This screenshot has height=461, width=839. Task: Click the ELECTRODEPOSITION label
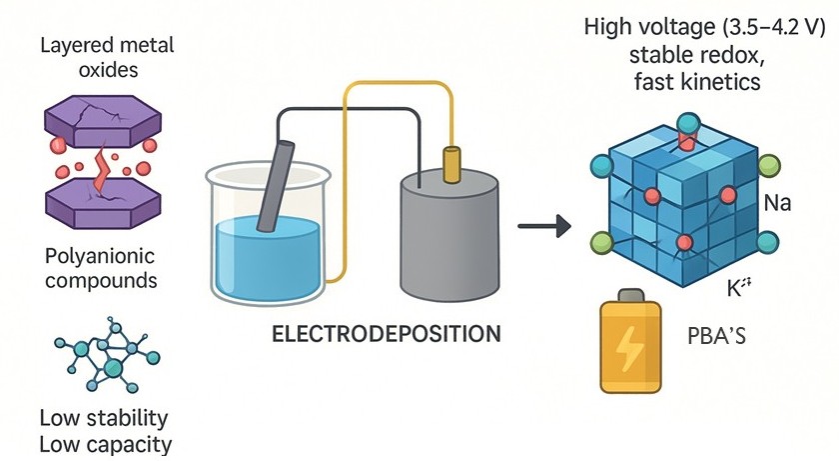pyautogui.click(x=386, y=333)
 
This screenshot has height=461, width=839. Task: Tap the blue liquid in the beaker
pyautogui.click(x=265, y=255)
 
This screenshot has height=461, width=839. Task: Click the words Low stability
pyautogui.click(x=103, y=417)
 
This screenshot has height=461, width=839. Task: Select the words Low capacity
pyautogui.click(x=103, y=443)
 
